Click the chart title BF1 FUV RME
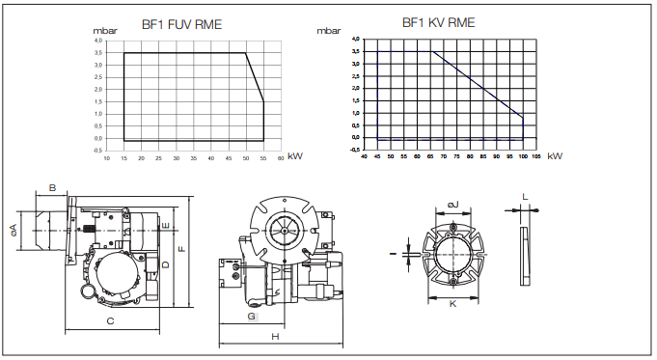point(181,24)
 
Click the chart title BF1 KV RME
point(438,22)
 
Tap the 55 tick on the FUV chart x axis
point(263,158)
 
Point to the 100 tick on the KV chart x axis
point(523,156)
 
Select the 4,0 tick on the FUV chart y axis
point(98,41)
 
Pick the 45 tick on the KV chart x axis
point(377,156)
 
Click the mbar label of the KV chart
point(328,31)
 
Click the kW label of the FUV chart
point(295,156)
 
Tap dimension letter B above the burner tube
point(52,187)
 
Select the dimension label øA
point(13,230)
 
